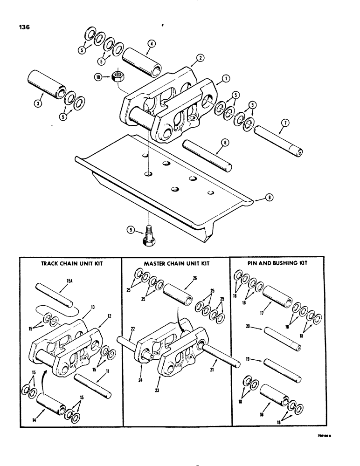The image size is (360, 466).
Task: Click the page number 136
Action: coord(23,27)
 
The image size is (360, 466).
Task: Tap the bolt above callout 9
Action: coord(148,236)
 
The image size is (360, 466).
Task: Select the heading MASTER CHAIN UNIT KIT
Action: coord(176,263)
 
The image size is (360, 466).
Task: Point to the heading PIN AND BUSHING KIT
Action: coord(278,263)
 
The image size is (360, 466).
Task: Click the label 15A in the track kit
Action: coord(63,281)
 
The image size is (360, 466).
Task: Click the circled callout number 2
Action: coord(200,58)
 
